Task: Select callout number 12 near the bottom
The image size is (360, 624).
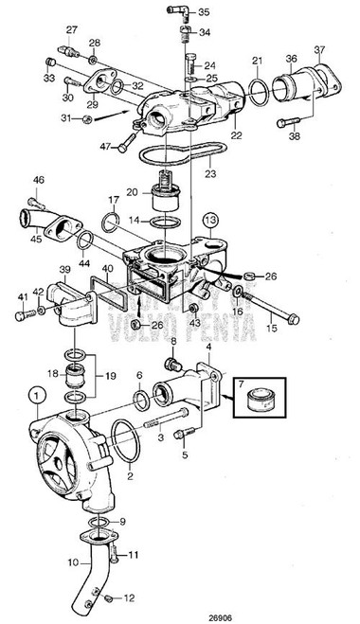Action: tap(130, 599)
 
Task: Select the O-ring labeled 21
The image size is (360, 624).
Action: tap(257, 91)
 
